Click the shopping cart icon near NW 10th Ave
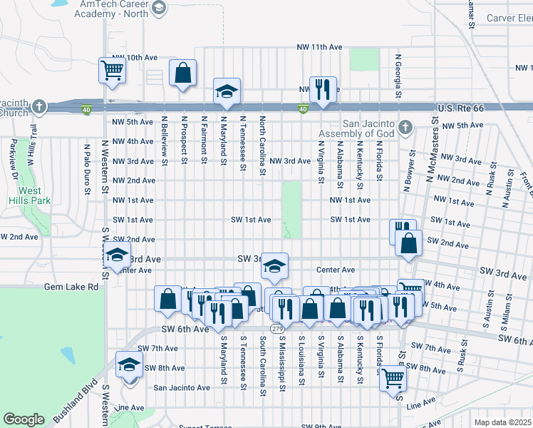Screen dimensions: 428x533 tap(112, 70)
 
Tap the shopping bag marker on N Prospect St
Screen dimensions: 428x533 tap(183, 73)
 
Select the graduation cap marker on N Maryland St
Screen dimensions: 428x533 tap(227, 92)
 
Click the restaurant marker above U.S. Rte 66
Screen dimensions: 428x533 tap(322, 89)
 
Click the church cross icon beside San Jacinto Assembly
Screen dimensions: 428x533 tap(405, 128)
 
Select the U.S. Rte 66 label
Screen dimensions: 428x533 tap(460, 108)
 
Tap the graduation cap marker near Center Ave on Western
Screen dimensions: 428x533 tap(117, 255)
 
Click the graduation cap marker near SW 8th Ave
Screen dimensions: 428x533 tap(129, 364)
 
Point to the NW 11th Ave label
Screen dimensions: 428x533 tap(320, 47)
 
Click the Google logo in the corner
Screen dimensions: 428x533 tap(24, 419)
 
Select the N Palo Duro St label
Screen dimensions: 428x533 tap(87, 169)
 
